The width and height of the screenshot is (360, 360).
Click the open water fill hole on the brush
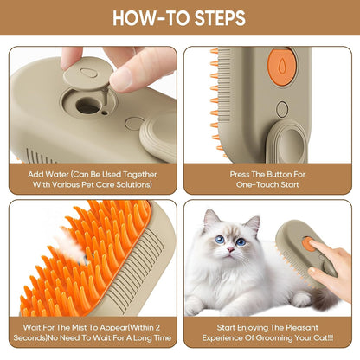click(88, 107)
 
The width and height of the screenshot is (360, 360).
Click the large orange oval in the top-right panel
click(282, 67)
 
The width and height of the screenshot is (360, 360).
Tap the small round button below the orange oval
click(282, 110)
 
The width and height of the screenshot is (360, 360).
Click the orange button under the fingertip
click(310, 242)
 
